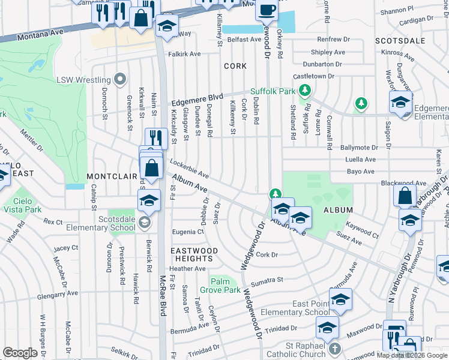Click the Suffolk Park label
pyautogui.click(x=273, y=91)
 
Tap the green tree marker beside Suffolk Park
pyautogui.click(x=306, y=91)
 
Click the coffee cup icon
pyautogui.click(x=267, y=10)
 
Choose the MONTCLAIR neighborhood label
pyautogui.click(x=112, y=176)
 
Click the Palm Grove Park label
pyautogui.click(x=224, y=286)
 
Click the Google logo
pyautogui.click(x=20, y=353)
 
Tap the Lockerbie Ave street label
pyautogui.click(x=189, y=168)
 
